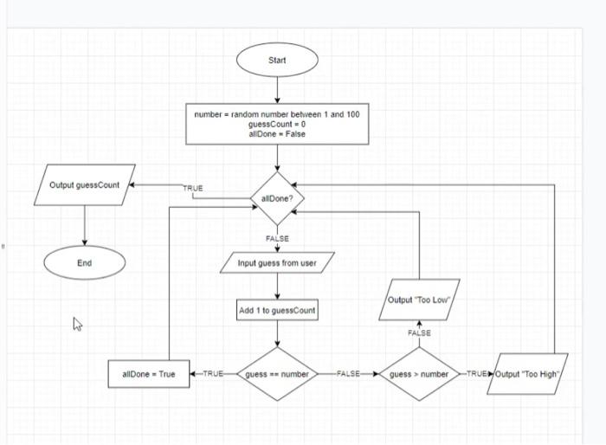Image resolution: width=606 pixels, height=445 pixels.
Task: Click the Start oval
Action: [277, 61]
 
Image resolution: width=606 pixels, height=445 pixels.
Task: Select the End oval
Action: [84, 263]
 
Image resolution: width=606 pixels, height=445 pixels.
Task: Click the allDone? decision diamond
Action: [277, 198]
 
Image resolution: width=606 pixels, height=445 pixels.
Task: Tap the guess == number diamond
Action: [277, 374]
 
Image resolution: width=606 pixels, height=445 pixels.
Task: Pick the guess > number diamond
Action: [419, 374]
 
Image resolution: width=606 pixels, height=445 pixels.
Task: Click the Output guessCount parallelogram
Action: [85, 185]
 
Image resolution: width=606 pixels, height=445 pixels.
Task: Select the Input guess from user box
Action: [277, 263]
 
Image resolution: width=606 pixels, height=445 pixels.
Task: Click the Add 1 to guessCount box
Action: [277, 310]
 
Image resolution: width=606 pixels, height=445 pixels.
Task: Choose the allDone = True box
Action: [149, 374]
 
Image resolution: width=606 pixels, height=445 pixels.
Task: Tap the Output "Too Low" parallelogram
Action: [420, 300]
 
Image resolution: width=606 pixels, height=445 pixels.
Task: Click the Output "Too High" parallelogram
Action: [527, 374]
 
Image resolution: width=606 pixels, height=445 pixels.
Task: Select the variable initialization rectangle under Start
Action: [277, 124]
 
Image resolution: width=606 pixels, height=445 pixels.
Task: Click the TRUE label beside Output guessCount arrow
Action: [193, 188]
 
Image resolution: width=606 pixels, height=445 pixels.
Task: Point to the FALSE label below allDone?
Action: [277, 238]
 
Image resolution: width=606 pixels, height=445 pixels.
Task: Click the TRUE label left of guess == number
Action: [212, 374]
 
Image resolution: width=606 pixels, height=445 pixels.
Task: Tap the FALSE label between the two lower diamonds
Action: [348, 374]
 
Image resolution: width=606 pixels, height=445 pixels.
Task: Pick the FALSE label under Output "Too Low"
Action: [419, 332]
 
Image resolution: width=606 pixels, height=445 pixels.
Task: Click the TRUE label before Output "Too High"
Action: [477, 374]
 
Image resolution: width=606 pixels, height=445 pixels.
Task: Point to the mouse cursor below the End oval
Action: [77, 324]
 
